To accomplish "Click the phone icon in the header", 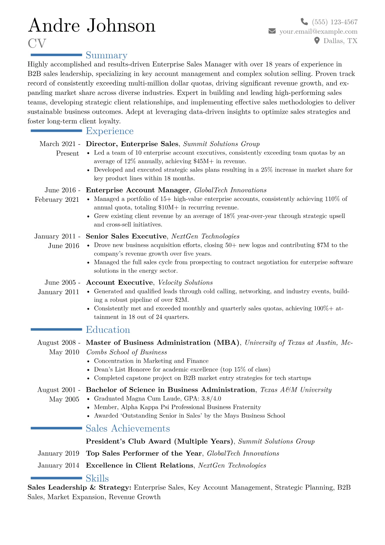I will click(304, 22).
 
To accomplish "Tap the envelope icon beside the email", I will click(272, 31).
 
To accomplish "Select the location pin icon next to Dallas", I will click(317, 40).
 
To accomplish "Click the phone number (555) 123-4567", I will click(335, 22).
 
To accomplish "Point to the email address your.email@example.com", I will click(318, 31).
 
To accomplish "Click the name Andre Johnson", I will click(92, 26).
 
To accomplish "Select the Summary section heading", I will click(106, 55).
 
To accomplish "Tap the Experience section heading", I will click(110, 131).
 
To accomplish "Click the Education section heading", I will click(108, 330).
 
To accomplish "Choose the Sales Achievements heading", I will click(128, 429).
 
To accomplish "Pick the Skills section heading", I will click(97, 479).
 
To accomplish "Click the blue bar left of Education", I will click(56, 330).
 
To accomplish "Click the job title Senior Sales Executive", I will click(126, 236).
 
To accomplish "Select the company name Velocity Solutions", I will click(185, 283).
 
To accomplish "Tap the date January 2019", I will click(58, 453).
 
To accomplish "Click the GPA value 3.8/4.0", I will click(211, 399).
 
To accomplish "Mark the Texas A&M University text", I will click(296, 390).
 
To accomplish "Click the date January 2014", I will click(58, 465).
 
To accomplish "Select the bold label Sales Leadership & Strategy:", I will click(79, 488).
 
